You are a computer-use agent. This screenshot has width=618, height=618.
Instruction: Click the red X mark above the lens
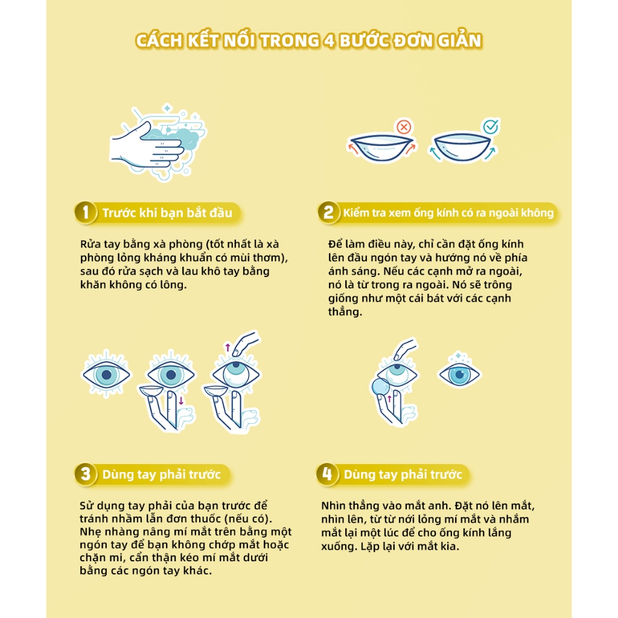pyautogui.click(x=404, y=127)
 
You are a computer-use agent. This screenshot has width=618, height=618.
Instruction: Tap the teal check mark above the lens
pyautogui.click(x=491, y=127)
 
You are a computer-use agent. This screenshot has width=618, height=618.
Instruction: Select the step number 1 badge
pyautogui.click(x=86, y=213)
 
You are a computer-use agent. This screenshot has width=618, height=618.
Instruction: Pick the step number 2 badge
pyautogui.click(x=328, y=213)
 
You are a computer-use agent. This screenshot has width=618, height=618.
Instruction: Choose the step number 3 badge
pyautogui.click(x=86, y=474)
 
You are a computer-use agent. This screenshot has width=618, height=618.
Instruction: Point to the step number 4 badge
pyautogui.click(x=327, y=474)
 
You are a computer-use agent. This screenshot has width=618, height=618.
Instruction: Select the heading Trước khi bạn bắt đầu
pyautogui.click(x=167, y=213)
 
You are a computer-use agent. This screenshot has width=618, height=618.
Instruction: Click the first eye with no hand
pyautogui.click(x=106, y=374)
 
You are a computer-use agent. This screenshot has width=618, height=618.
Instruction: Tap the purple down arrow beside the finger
pyautogui.click(x=181, y=401)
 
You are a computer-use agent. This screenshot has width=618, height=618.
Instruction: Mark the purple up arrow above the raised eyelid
pyautogui.click(x=228, y=347)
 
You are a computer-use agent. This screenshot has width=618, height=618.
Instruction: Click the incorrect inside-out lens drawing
pyautogui.click(x=381, y=147)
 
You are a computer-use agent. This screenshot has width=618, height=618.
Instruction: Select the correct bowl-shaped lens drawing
pyautogui.click(x=462, y=147)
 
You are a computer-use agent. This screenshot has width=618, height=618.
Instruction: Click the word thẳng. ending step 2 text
pyautogui.click(x=345, y=312)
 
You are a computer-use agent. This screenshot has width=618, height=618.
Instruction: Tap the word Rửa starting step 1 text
pyautogui.click(x=91, y=244)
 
